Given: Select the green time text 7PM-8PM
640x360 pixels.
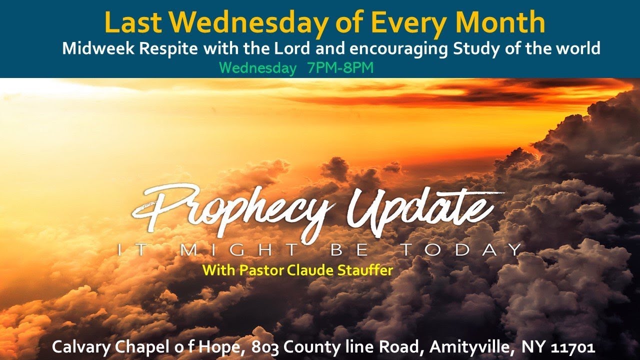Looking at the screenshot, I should (340, 68).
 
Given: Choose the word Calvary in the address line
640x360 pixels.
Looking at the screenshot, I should (79, 346).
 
